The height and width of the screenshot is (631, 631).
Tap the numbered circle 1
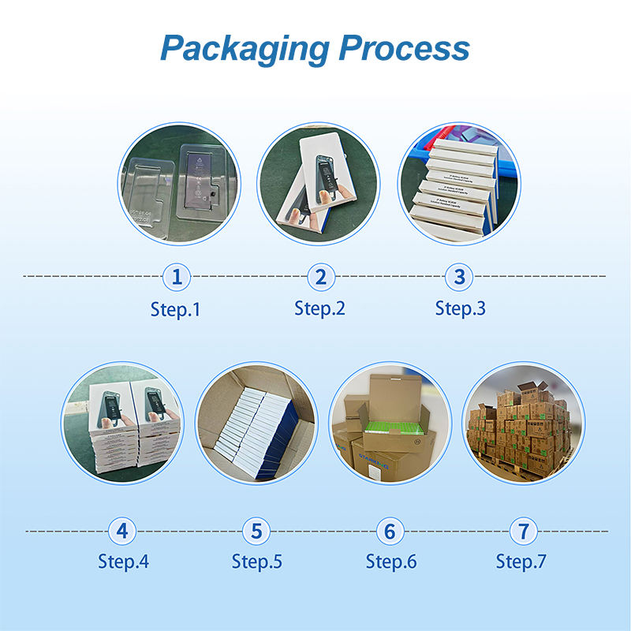point(177,277)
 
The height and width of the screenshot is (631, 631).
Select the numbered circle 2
point(320,277)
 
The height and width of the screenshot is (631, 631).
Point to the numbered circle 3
point(460,277)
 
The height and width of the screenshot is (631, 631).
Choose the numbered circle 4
point(122,531)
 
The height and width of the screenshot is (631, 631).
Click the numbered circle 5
point(256,531)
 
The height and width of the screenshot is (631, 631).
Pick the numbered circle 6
point(390,531)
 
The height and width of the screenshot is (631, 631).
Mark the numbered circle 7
point(522,531)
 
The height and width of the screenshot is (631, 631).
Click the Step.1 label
point(176,309)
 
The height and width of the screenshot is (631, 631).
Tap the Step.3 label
point(461,308)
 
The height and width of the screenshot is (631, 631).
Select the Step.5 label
point(257,562)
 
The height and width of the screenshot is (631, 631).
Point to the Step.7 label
point(521,562)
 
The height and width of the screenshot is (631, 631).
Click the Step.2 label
point(320,308)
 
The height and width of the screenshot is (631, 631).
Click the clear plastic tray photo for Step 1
point(180,184)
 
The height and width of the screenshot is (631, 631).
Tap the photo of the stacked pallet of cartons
point(521,423)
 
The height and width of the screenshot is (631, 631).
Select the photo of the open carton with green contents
point(389,423)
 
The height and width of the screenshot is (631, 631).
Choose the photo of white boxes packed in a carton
point(256,423)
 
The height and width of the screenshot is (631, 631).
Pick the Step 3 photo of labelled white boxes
point(459,184)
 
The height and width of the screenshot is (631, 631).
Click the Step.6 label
point(391,562)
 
